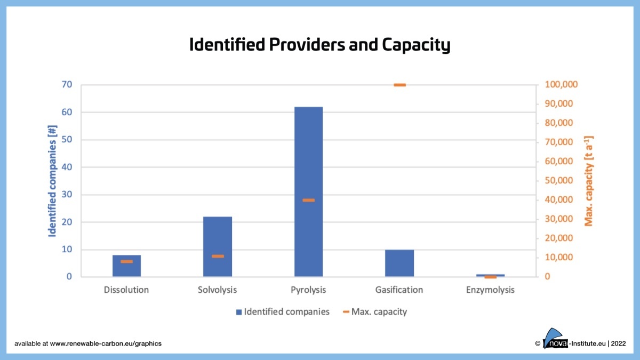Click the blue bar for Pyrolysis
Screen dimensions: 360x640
308,160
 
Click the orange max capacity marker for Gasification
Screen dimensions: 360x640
399,85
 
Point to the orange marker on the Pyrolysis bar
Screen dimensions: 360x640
308,200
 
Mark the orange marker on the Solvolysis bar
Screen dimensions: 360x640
218,256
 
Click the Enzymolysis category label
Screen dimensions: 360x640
490,290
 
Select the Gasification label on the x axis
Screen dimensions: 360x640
399,290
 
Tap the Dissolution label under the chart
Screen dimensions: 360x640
126,290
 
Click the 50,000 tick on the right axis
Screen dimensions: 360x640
559,181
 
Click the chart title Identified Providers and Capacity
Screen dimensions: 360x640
320,45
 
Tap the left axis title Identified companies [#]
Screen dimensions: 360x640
53,180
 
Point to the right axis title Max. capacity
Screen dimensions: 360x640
589,180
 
